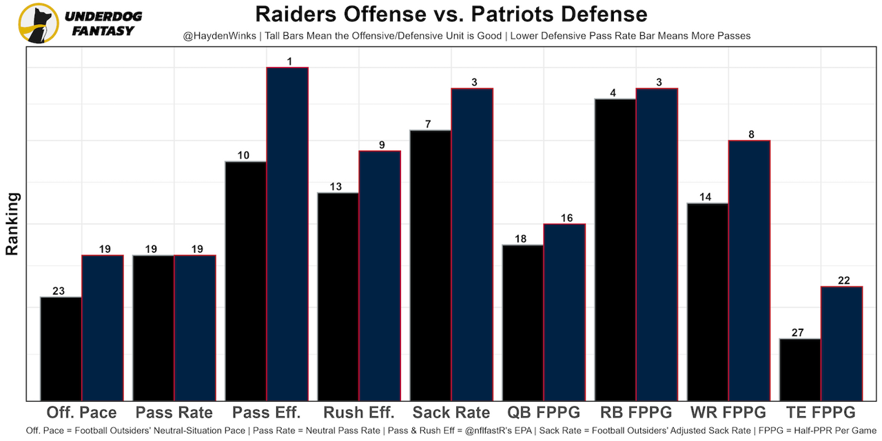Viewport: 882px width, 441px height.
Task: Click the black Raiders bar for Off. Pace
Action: [x=61, y=349]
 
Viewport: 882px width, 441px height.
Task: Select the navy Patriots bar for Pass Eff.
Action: [x=287, y=234]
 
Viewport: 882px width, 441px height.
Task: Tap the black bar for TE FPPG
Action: [x=800, y=369]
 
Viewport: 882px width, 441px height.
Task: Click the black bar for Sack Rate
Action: [x=431, y=265]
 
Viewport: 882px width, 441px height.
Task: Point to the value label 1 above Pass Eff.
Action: [x=289, y=61]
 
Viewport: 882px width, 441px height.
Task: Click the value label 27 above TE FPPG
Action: [x=798, y=333]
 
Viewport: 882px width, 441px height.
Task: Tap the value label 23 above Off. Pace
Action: [x=59, y=291]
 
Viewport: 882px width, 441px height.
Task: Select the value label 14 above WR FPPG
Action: [x=706, y=197]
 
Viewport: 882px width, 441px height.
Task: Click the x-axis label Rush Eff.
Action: [x=359, y=413]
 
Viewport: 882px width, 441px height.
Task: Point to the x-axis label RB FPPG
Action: [x=636, y=413]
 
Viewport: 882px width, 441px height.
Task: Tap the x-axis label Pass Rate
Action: [x=174, y=413]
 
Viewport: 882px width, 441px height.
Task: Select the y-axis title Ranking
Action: [x=12, y=224]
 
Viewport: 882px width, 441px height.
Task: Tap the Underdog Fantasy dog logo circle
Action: [x=38, y=23]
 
